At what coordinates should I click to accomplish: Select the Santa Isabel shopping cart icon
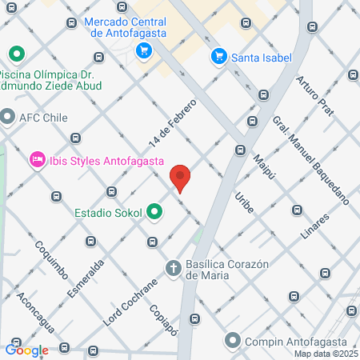click(218, 57)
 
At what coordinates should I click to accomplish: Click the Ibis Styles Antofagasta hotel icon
click(36, 160)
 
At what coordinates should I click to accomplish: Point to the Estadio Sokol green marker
click(154, 213)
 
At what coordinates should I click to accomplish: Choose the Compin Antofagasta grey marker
click(233, 341)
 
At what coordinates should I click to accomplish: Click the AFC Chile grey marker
click(8, 117)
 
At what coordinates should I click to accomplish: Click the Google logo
click(26, 350)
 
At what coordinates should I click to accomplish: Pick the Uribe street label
click(244, 202)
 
